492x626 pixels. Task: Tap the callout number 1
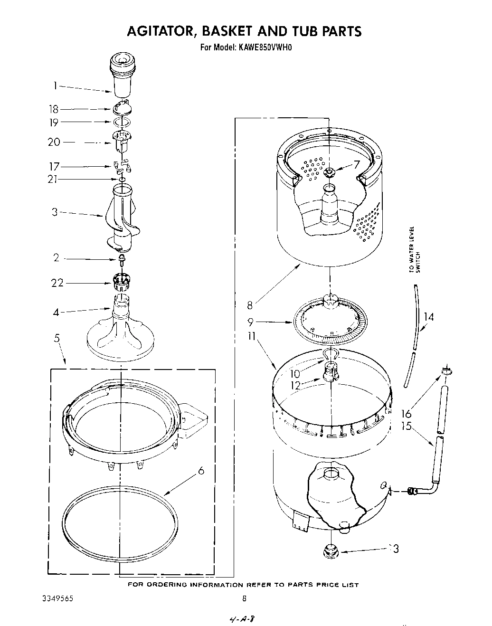(56, 86)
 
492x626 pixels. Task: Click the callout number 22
(57, 283)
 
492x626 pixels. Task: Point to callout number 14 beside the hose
(428, 317)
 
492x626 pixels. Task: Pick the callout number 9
(250, 322)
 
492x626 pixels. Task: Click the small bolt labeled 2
(122, 259)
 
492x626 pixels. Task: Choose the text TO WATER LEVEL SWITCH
(414, 249)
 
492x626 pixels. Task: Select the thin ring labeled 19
(122, 123)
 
